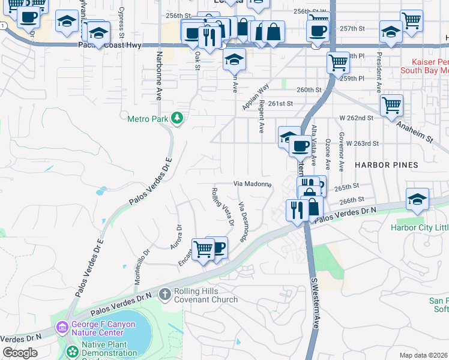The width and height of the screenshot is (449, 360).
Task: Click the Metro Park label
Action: tap(148, 119)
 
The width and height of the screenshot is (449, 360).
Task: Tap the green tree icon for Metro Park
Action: tap(176, 118)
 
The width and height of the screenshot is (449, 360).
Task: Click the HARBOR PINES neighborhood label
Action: tap(386, 165)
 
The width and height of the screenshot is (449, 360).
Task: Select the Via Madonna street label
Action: tap(252, 184)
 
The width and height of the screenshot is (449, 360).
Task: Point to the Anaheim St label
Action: tap(414, 130)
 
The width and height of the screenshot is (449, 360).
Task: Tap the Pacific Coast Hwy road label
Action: tap(109, 45)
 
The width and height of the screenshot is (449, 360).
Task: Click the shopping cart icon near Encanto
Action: tap(203, 248)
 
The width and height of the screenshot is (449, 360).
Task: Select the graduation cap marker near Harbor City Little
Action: tap(417, 200)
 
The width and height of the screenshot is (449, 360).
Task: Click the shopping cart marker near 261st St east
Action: tap(391, 105)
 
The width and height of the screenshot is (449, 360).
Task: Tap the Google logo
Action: tap(20, 353)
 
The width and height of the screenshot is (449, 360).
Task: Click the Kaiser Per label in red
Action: tap(430, 62)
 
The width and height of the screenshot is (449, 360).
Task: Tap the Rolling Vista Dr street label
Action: tap(221, 207)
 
